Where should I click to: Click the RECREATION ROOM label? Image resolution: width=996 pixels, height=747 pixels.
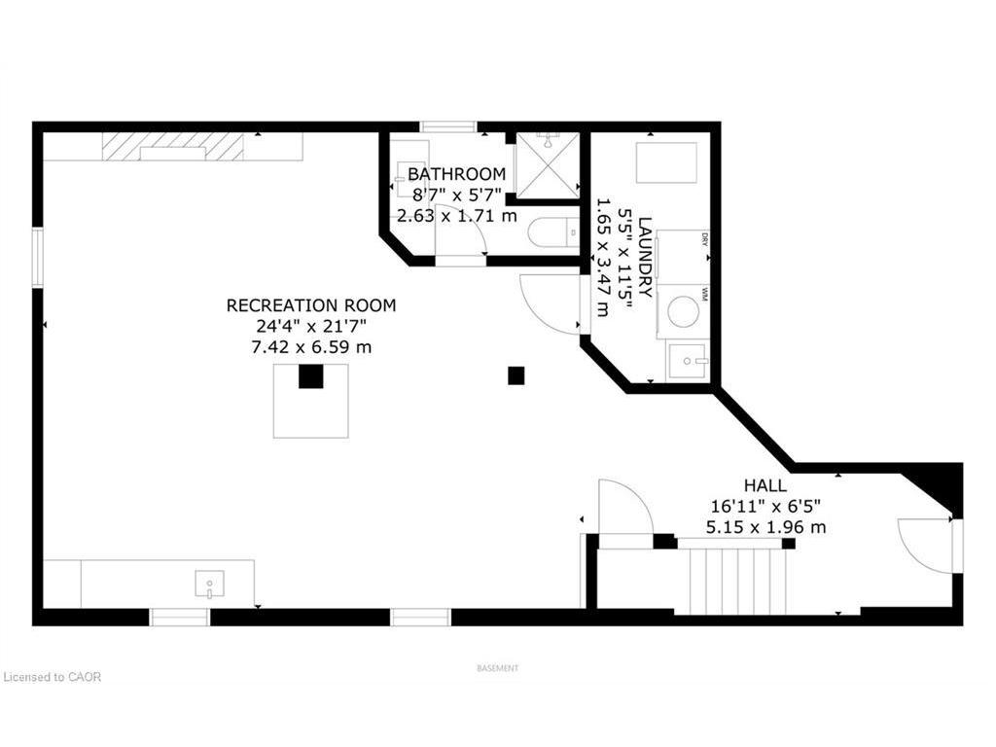311,305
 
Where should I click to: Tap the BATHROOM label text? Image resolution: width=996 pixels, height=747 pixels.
456,174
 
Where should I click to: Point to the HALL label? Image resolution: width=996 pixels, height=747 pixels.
765,485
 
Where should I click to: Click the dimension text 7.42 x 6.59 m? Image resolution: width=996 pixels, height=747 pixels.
311,346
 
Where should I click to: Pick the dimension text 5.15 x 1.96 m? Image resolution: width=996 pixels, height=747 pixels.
765,527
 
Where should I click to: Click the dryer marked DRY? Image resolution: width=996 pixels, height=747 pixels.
683,257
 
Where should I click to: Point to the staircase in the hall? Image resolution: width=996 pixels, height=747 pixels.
736,581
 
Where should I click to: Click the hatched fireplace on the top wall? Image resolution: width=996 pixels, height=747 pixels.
172,147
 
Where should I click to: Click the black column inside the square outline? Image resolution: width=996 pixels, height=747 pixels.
310,376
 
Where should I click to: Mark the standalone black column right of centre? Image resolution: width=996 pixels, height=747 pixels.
516,375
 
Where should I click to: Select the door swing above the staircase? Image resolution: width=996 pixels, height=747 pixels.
622,508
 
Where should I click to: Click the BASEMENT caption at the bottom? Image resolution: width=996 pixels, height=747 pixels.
497,668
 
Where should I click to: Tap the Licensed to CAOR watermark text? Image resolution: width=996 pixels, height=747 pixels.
53,677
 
